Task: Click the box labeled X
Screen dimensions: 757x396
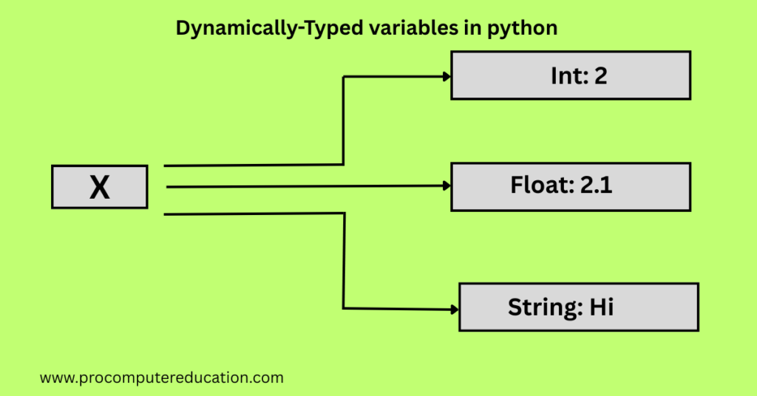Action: point(100,187)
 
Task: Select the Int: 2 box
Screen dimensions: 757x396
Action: point(571,75)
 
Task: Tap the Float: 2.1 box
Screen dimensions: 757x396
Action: point(571,187)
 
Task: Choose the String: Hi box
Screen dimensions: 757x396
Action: point(578,307)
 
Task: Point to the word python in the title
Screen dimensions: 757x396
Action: point(522,29)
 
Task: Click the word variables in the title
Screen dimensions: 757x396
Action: point(414,28)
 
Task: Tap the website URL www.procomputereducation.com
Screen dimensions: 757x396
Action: point(162,378)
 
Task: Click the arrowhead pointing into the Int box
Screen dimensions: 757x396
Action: point(447,76)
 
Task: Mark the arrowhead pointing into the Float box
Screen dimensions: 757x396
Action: point(447,185)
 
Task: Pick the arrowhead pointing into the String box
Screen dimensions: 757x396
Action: point(455,310)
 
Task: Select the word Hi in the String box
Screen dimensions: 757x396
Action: point(602,307)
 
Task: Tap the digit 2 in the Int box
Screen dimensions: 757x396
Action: point(600,76)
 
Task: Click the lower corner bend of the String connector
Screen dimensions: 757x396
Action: point(343,308)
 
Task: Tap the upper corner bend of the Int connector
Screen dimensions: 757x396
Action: point(343,77)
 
